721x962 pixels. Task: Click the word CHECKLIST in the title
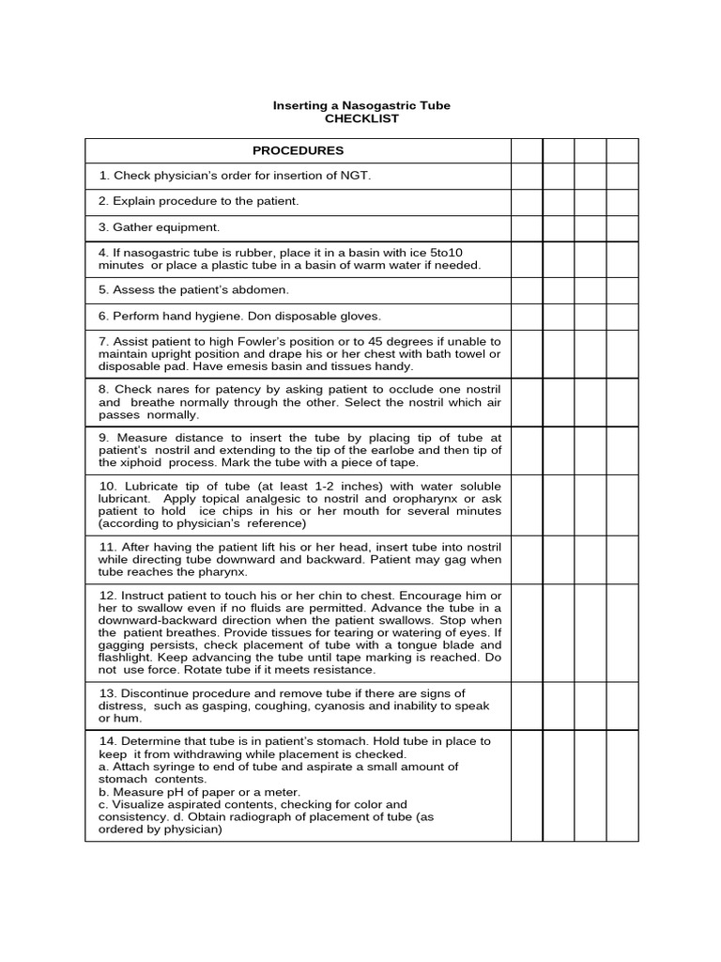tap(361, 118)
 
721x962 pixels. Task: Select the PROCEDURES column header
tap(298, 150)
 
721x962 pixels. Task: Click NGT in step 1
tap(359, 176)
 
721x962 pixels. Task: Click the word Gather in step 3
tap(134, 227)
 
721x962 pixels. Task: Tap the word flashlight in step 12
tap(128, 658)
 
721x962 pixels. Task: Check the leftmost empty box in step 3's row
tap(527, 228)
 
